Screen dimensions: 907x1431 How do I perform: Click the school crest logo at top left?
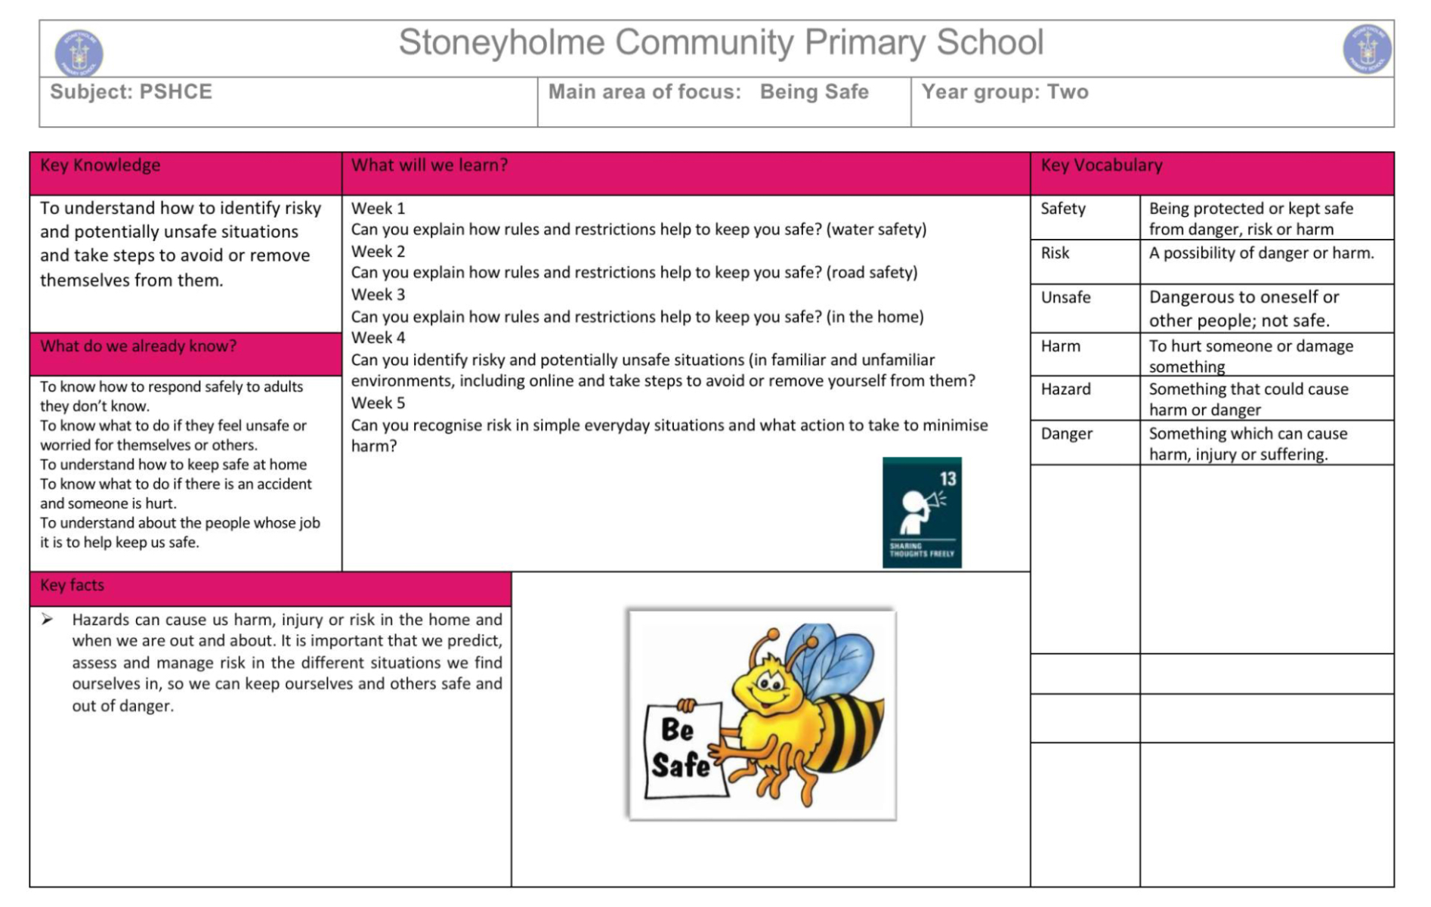tap(79, 52)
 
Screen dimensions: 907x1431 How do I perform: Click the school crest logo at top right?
tap(1366, 49)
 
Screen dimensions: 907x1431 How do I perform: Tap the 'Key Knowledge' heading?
tap(100, 166)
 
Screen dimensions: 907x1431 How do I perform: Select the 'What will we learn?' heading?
tap(429, 166)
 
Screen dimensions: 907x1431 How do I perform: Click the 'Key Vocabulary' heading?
tap(1101, 166)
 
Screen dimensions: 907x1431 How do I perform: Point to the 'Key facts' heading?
tap(72, 585)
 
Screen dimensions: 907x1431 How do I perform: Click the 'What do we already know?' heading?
tap(138, 346)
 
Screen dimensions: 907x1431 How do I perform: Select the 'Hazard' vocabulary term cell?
tap(1065, 389)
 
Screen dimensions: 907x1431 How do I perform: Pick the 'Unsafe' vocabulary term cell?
tap(1065, 298)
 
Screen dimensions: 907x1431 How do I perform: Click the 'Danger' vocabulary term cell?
tap(1066, 434)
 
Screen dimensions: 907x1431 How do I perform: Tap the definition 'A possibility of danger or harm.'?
tap(1261, 253)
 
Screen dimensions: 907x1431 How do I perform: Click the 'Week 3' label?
tap(378, 295)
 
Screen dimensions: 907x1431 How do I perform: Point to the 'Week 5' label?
tap(378, 403)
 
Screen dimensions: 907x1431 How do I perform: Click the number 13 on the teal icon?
tap(947, 478)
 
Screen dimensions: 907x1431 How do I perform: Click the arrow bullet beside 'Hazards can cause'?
tap(48, 620)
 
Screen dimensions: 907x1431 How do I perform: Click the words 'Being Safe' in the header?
tap(814, 92)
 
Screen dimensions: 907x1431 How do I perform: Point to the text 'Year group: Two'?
tap(1004, 92)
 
